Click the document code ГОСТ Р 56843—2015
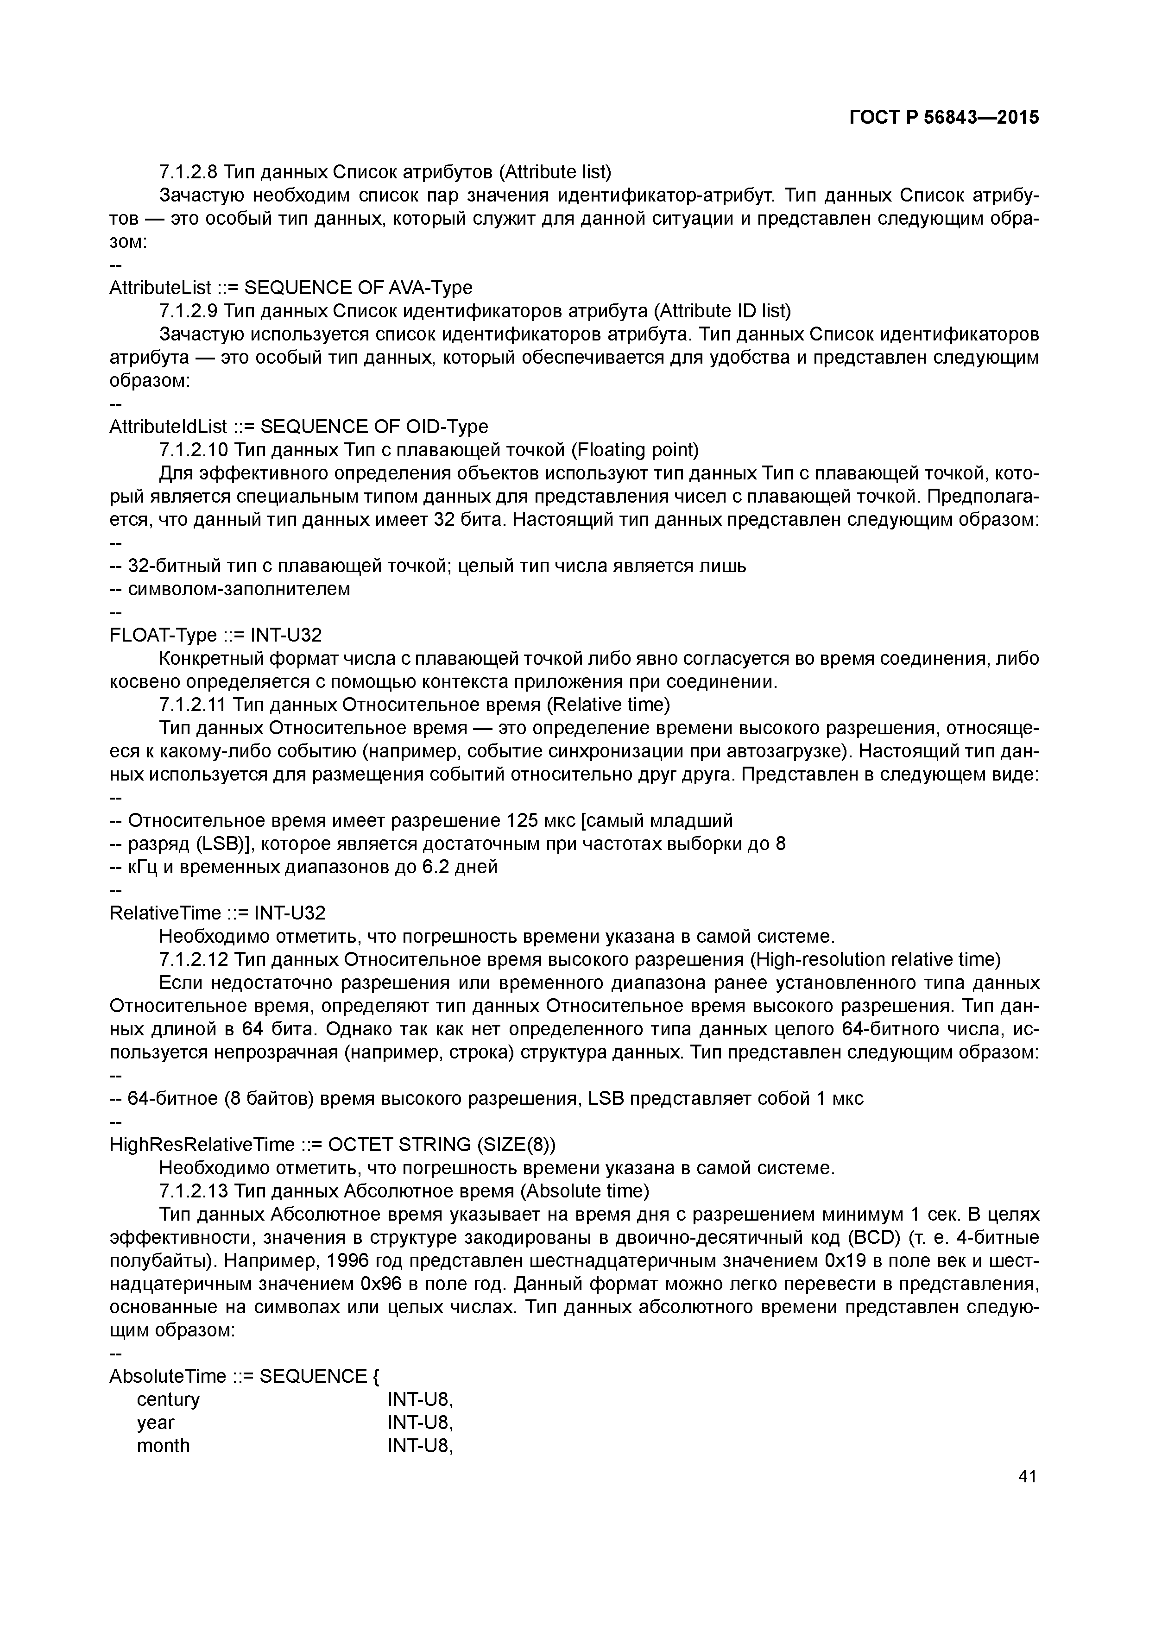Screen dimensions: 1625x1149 [x=944, y=118]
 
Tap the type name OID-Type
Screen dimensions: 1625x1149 [x=447, y=426]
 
